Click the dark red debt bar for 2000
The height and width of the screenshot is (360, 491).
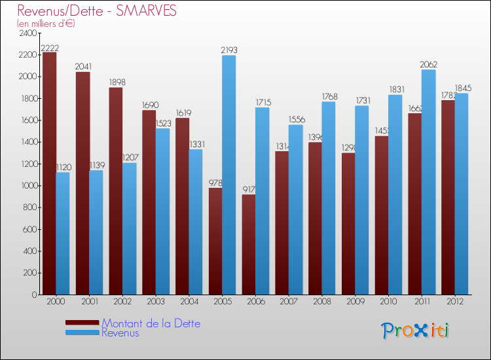(49, 173)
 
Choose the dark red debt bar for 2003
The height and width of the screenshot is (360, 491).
(149, 202)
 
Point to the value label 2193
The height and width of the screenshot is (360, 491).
(228, 50)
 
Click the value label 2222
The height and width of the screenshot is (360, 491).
(49, 48)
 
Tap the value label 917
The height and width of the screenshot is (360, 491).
(248, 190)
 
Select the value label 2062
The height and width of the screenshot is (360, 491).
(428, 64)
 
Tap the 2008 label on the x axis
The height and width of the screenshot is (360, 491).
(321, 302)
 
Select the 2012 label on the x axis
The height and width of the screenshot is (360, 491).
(454, 302)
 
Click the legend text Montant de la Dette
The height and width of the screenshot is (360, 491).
(151, 323)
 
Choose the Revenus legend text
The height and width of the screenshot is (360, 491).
(120, 333)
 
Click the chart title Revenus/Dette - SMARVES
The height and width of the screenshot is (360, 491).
(97, 11)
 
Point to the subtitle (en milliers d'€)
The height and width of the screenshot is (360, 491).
(46, 24)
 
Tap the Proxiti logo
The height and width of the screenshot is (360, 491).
(416, 331)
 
